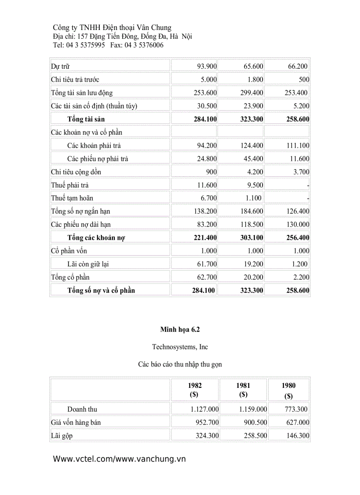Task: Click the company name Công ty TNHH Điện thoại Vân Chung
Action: point(112,27)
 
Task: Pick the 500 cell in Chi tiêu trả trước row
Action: point(304,80)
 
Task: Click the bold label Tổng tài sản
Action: point(86,119)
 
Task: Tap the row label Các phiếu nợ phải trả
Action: point(97,159)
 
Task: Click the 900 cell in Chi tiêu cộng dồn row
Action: point(211,172)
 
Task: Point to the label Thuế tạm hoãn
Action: point(72,198)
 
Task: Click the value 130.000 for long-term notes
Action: point(298,224)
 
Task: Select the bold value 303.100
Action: point(253,238)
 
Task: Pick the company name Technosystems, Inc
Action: point(180,347)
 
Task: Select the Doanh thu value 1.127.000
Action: point(205,409)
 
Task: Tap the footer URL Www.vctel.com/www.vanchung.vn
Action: point(119,459)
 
